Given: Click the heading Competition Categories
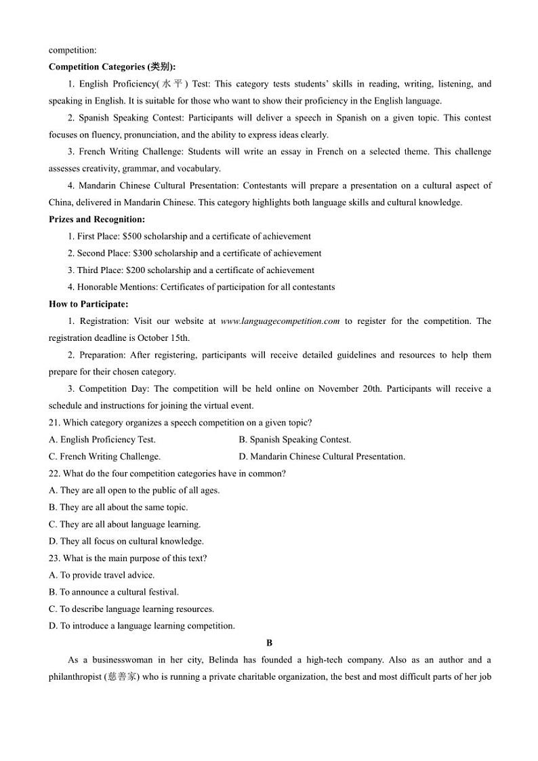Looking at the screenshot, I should pyautogui.click(x=112, y=66).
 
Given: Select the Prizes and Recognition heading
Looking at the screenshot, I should pyautogui.click(x=97, y=219).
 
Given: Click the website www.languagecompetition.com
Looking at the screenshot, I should pyautogui.click(x=280, y=321).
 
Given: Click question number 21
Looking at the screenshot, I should pyautogui.click(x=55, y=422).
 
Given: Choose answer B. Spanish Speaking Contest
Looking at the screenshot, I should pyautogui.click(x=295, y=439).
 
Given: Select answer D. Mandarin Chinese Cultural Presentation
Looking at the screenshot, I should pyautogui.click(x=322, y=456).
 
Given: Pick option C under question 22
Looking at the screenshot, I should pyautogui.click(x=125, y=524).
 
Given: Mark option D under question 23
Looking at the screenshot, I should pyautogui.click(x=142, y=625).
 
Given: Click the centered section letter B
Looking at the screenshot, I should pyautogui.click(x=269, y=642).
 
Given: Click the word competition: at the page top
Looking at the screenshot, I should pyautogui.click(x=73, y=49).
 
